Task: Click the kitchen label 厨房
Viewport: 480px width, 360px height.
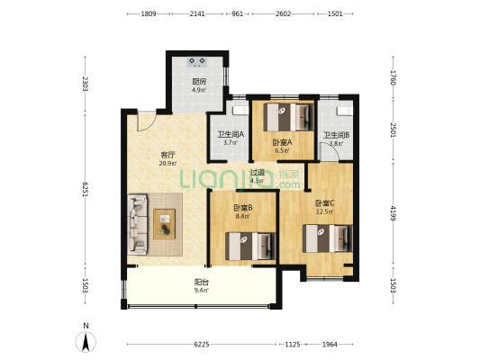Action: coord(199,82)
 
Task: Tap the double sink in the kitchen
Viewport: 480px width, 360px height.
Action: coord(197,61)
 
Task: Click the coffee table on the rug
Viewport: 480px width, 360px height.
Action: coord(165,224)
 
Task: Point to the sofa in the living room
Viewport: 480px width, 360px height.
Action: coord(138,224)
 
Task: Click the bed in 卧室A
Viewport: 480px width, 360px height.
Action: coord(289,117)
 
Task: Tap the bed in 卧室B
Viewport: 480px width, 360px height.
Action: coord(250,247)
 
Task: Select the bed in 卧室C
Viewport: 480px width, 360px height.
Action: coord(327,238)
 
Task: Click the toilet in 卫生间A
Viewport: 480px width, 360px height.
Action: coord(240,110)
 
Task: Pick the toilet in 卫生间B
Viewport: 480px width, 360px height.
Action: coord(344,111)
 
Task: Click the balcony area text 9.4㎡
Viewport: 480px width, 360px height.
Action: coord(201,291)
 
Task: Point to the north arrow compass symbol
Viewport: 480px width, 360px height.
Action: coord(86,341)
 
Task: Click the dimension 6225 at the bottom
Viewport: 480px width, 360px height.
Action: coord(202,345)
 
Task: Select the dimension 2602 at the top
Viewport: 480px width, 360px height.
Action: coord(283,13)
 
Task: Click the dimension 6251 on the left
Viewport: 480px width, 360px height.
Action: coord(86,190)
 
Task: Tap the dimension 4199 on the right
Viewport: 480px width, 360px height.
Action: coord(394,213)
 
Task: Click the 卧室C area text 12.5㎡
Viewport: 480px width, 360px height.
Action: coord(324,211)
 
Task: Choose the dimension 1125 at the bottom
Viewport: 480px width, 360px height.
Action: coord(293,345)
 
